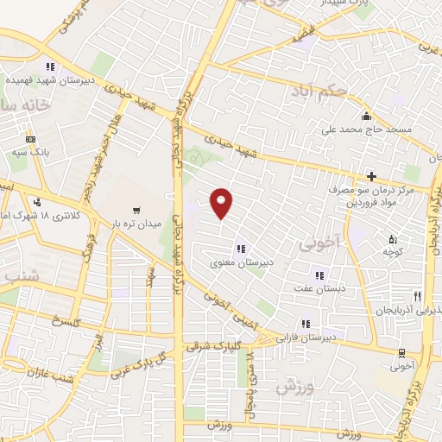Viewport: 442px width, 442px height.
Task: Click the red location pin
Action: point(222,202)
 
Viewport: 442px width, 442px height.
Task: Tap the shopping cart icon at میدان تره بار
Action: point(136,211)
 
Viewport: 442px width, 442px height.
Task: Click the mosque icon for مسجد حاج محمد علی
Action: point(366,117)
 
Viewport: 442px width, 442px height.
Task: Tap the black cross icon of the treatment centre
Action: point(371,175)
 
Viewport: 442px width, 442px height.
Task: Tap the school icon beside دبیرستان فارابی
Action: point(305,324)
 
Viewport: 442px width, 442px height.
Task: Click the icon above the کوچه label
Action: point(393,238)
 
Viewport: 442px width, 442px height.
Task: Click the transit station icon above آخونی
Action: point(401,351)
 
